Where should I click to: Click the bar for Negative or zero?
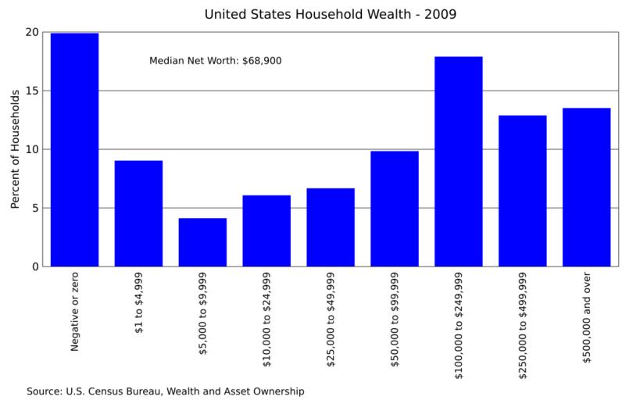75,150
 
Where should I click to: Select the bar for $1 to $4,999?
138,213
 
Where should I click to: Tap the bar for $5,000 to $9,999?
202,242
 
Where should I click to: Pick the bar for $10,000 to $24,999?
266,230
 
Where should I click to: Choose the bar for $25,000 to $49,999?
331,227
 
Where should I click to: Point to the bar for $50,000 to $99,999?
395,209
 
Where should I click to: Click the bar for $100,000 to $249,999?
459,162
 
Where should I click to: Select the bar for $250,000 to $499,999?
522,191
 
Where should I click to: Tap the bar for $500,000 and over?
586,187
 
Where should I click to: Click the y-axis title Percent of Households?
15,149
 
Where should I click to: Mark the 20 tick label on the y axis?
32,32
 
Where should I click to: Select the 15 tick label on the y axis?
32,91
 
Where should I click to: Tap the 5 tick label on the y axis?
35,208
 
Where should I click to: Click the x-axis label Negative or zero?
75,312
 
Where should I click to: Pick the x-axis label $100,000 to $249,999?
459,327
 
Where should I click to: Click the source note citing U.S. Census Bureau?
165,391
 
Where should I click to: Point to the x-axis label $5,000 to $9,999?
202,314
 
